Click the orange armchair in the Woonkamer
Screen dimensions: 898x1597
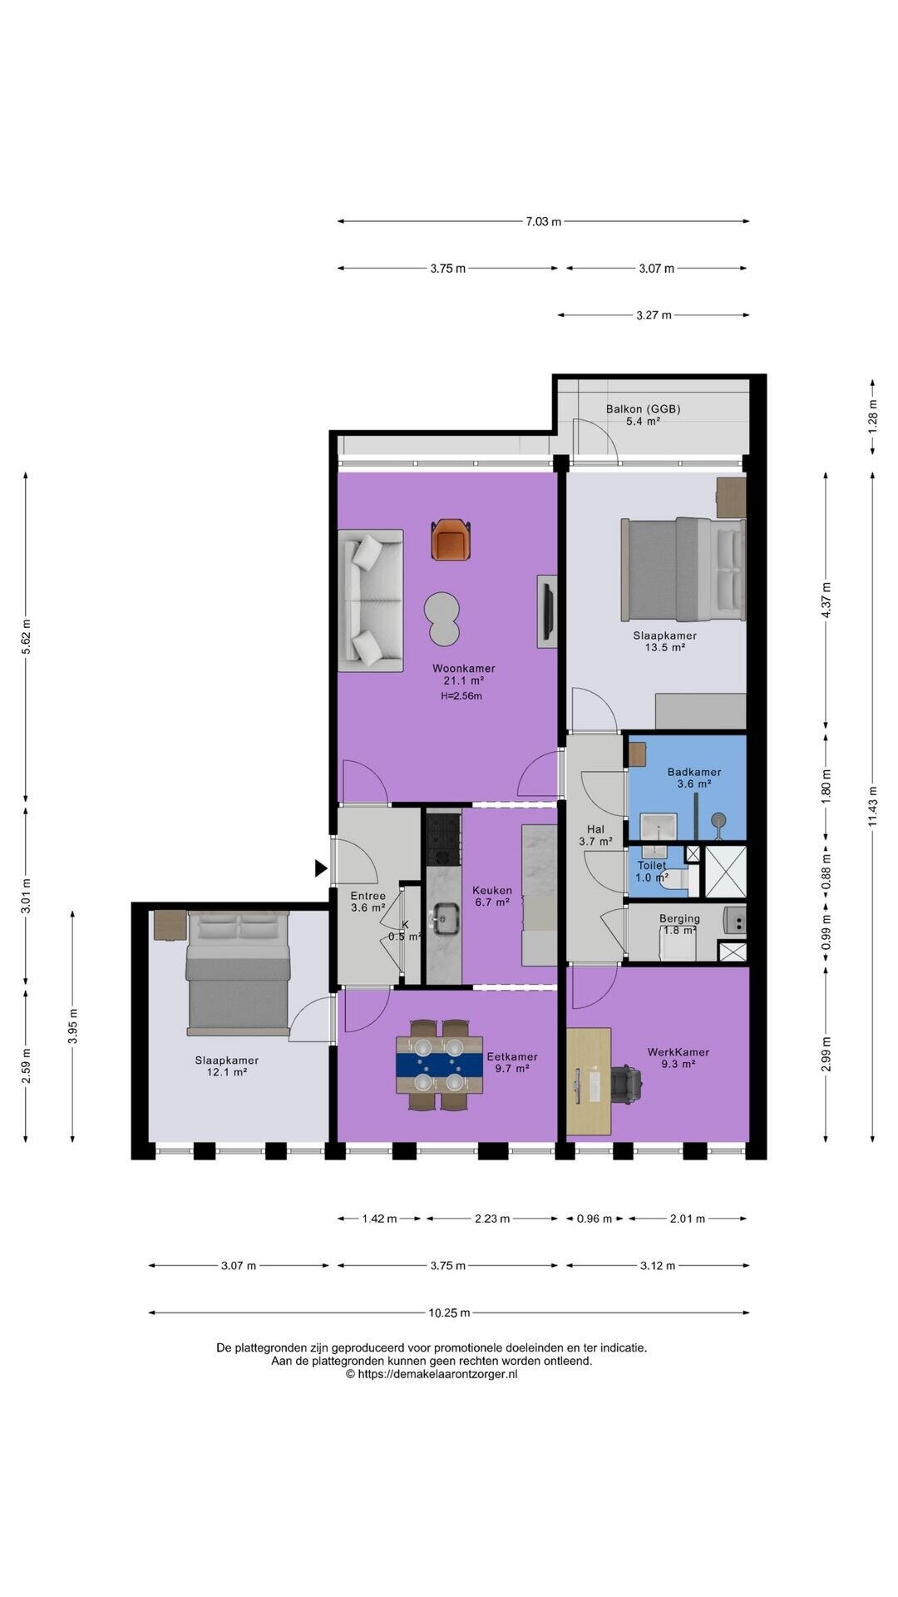[451, 539]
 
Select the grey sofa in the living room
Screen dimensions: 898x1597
[371, 601]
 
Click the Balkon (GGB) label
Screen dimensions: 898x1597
[644, 408]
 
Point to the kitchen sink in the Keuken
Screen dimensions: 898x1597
[447, 919]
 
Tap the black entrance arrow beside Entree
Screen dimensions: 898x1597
[321, 868]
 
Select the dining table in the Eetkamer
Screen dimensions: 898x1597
[440, 1065]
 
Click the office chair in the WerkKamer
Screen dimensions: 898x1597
[626, 1084]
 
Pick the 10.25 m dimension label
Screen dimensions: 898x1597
[449, 1313]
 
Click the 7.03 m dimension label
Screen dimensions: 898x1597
[543, 221]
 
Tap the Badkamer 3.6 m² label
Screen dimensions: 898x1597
[694, 778]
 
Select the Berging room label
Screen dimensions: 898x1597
[679, 919]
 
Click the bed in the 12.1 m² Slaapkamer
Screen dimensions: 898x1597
[239, 973]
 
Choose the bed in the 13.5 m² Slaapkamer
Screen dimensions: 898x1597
[683, 570]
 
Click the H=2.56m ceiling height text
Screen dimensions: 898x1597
[461, 696]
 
